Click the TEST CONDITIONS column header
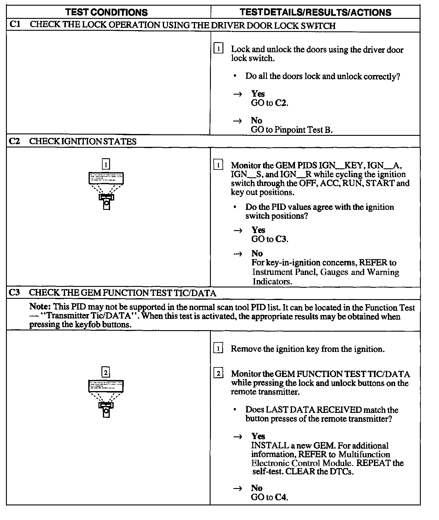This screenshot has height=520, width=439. click(x=106, y=12)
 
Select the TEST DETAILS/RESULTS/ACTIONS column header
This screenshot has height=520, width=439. click(x=316, y=12)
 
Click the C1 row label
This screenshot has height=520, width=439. click(x=15, y=25)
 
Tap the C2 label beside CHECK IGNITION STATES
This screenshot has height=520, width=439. click(x=14, y=141)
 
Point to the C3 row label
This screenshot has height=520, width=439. click(x=14, y=293)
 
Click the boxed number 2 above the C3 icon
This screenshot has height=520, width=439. click(x=106, y=373)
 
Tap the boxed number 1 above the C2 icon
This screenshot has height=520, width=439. click(x=106, y=164)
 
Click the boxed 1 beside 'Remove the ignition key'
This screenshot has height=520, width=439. click(x=218, y=348)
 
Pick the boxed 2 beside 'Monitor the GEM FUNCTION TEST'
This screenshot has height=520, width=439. click(x=218, y=374)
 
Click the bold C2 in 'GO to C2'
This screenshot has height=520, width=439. click(x=281, y=103)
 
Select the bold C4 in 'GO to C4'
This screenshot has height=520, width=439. click(x=281, y=497)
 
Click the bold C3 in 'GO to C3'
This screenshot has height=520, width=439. click(x=281, y=239)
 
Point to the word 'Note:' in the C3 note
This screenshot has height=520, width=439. click(x=40, y=307)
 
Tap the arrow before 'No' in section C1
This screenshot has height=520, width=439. click(x=237, y=121)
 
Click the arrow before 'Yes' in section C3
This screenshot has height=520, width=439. click(x=237, y=437)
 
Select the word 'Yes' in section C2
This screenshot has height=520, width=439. click(x=258, y=230)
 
